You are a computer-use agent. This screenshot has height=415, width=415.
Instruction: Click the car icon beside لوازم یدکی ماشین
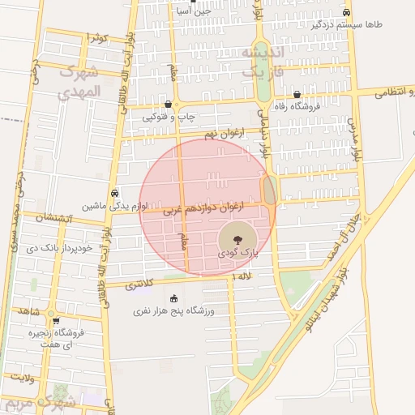pos(117,193)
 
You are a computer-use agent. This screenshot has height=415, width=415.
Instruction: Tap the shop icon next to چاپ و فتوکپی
pos(168,105)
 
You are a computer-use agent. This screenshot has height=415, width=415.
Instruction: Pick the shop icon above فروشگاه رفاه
pos(297,94)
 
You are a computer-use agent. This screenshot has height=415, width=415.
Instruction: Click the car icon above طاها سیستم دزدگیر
pos(347,12)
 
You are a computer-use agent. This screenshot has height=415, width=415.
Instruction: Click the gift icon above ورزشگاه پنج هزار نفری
pos(173,298)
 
